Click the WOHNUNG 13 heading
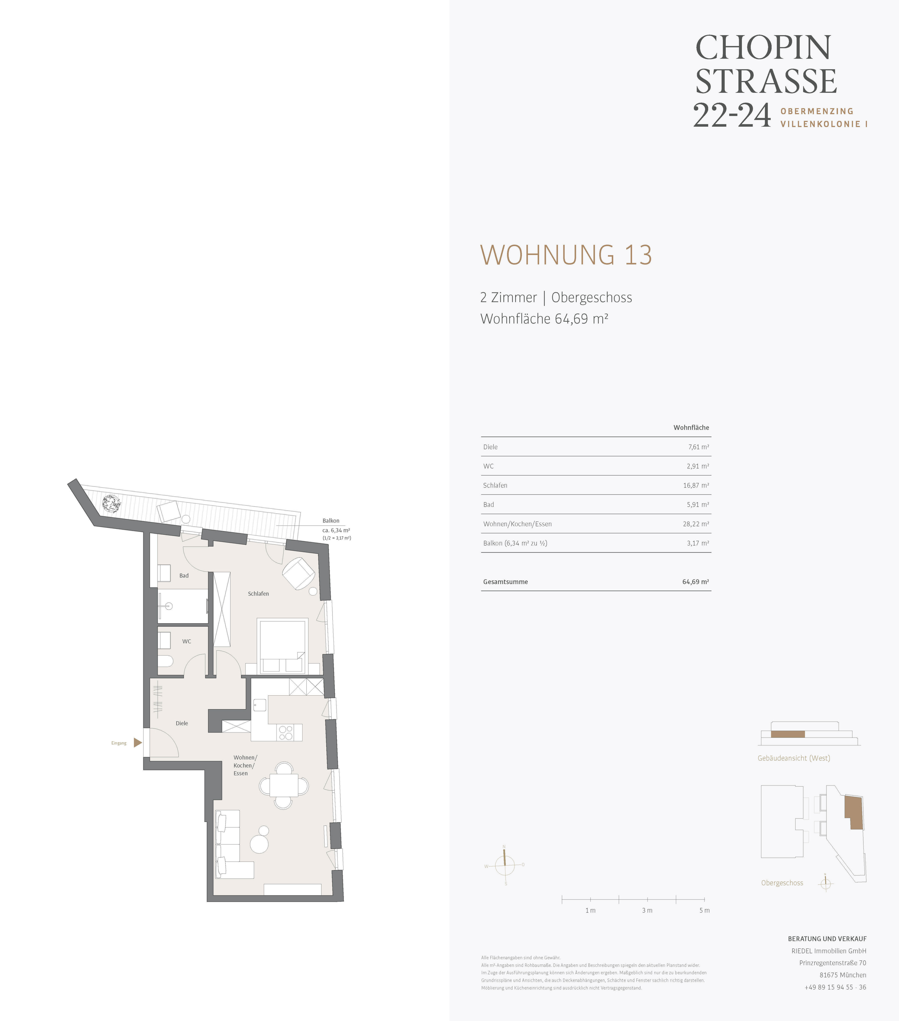pyautogui.click(x=566, y=255)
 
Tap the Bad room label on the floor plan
pyautogui.click(x=184, y=575)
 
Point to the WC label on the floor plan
pyautogui.click(x=186, y=641)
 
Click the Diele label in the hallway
pyautogui.click(x=182, y=723)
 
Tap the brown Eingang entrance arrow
pyautogui.click(x=138, y=743)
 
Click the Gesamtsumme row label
pyautogui.click(x=505, y=582)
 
